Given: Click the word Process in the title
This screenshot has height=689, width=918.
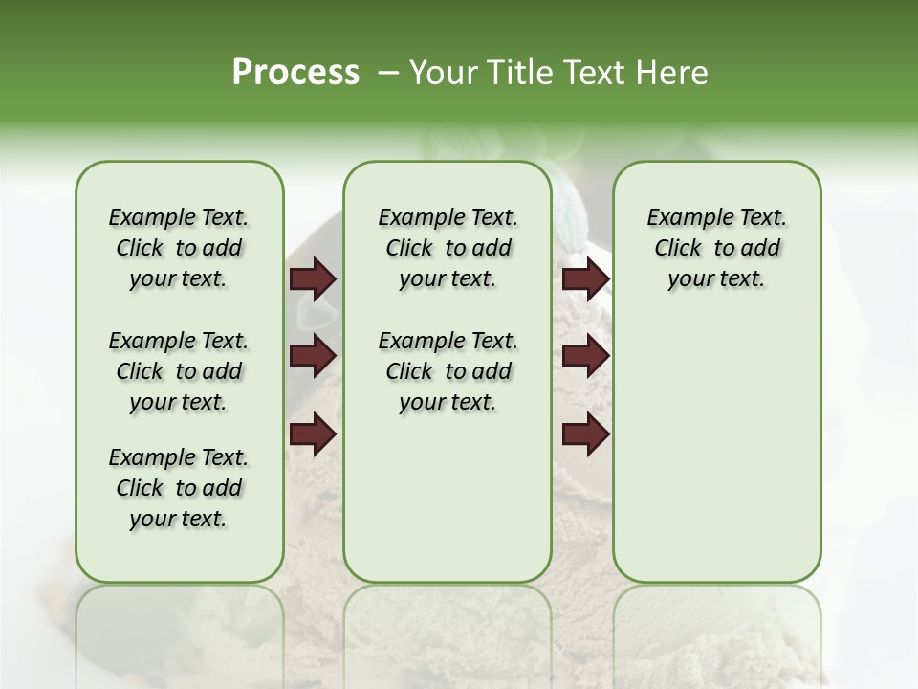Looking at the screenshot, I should (295, 73).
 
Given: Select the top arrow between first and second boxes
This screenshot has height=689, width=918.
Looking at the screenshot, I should (313, 279).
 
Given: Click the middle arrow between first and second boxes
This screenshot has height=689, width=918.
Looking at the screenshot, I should (313, 357).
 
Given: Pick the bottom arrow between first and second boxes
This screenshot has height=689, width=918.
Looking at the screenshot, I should (313, 434).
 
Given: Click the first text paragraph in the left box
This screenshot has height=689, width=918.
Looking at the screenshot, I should (179, 248).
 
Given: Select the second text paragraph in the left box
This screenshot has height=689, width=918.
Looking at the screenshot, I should (179, 371).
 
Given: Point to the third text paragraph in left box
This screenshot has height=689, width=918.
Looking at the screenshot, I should (179, 488).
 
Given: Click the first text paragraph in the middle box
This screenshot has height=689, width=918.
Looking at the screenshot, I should (448, 248).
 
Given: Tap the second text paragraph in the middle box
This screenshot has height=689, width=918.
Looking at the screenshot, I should (448, 371).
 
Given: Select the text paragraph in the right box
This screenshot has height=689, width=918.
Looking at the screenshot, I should (717, 248).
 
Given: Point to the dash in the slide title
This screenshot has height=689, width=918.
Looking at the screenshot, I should (388, 73).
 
